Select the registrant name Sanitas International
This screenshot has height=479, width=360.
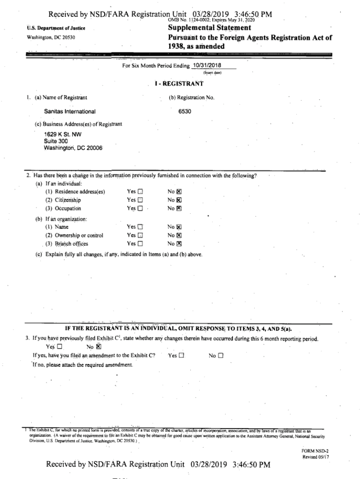click(70, 111)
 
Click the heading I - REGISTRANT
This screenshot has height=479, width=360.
click(179, 84)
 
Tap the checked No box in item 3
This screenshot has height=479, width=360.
click(98, 347)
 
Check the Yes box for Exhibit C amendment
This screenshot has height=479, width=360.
click(181, 356)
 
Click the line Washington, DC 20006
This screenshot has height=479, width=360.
click(73, 148)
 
